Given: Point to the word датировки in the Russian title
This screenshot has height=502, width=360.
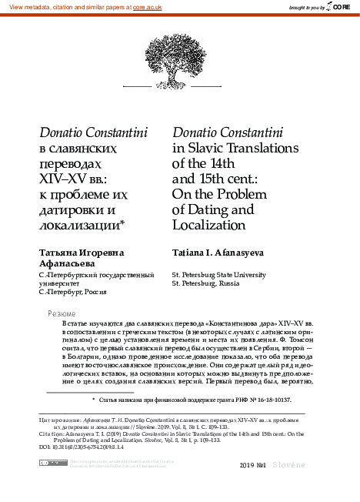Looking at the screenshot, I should click(71, 209).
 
